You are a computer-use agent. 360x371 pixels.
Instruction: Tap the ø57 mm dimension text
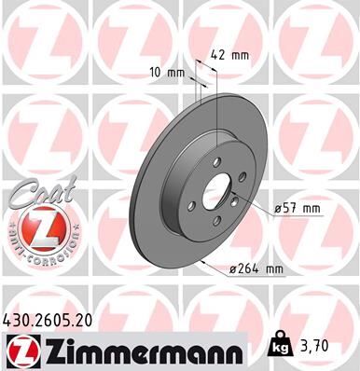[x=297, y=209]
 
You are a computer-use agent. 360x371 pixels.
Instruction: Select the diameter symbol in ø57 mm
[x=278, y=209]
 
